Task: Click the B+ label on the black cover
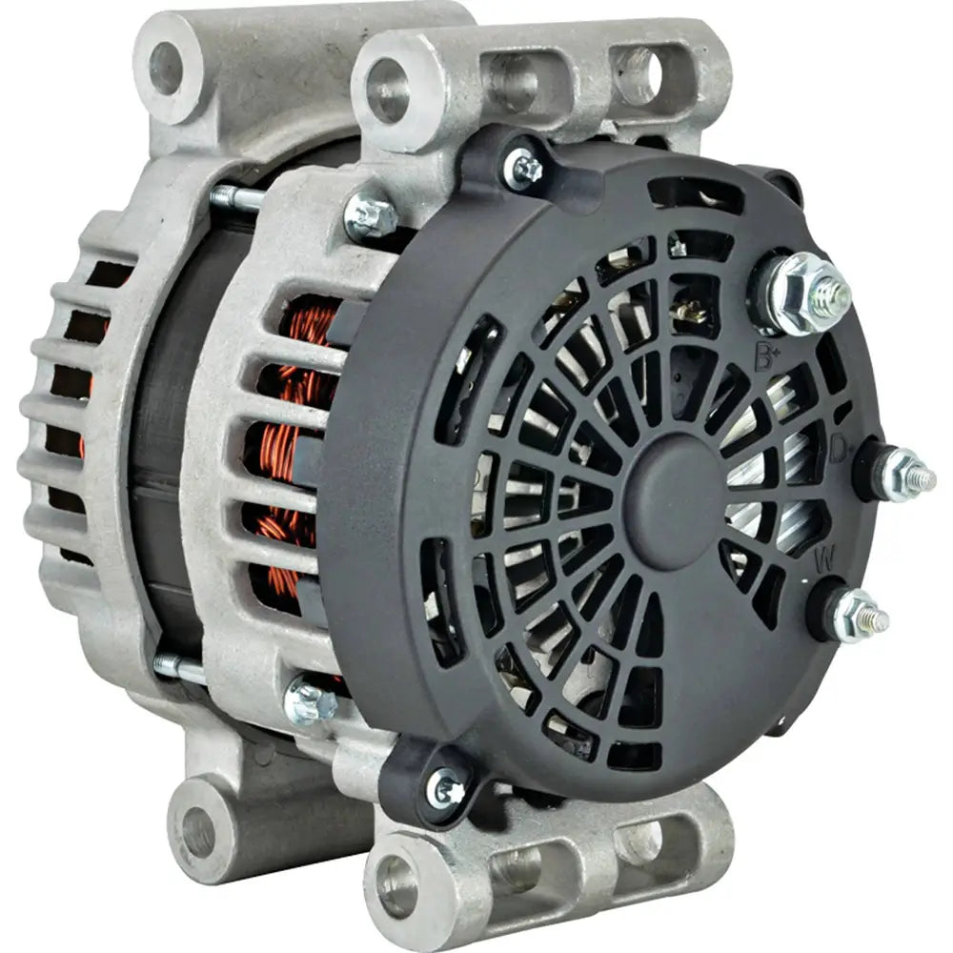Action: tap(765, 358)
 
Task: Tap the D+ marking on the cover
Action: tap(839, 448)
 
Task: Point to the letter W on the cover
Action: tap(823, 561)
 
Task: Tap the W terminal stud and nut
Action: tap(858, 615)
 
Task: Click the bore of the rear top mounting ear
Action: tap(165, 67)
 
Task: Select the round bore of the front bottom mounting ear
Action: tap(397, 885)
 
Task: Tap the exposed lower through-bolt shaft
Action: tap(181, 670)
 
